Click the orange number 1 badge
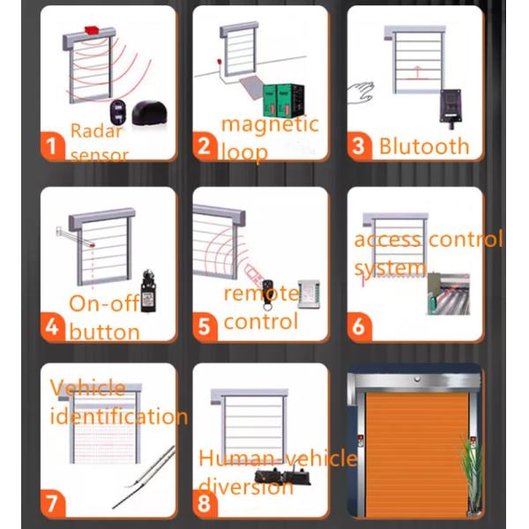(52, 146)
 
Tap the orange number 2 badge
(205, 146)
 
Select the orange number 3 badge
(359, 146)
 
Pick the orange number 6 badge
(359, 326)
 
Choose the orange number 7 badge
(52, 503)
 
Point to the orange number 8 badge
(205, 503)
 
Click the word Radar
(96, 130)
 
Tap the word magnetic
(270, 125)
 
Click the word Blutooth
(424, 146)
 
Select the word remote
(261, 294)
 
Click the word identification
(119, 416)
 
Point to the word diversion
(246, 487)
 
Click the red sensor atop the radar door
(92, 30)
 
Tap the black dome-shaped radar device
(149, 113)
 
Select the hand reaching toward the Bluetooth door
(361, 92)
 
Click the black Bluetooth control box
(451, 108)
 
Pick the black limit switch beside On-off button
(148, 291)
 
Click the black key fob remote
(268, 294)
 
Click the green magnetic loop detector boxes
(283, 101)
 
